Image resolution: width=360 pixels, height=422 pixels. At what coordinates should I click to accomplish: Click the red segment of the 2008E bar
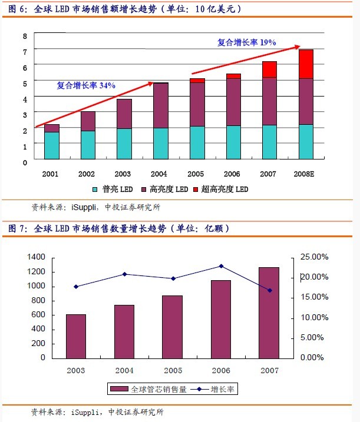pyautogui.click(x=305, y=64)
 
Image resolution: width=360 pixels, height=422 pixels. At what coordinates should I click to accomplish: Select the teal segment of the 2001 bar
pyautogui.click(x=52, y=145)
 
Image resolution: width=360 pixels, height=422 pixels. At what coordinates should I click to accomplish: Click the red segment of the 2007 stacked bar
pyautogui.click(x=269, y=69)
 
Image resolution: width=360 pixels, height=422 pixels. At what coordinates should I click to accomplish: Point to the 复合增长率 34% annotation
pyautogui.click(x=86, y=85)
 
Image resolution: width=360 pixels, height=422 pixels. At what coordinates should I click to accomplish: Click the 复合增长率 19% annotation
pyautogui.click(x=246, y=42)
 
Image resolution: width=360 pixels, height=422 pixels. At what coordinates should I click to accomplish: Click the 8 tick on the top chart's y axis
pyautogui.click(x=25, y=36)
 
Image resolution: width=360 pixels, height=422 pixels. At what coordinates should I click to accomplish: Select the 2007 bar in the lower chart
pyautogui.click(x=268, y=313)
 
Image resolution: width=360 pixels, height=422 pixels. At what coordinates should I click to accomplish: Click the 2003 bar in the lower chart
pyautogui.click(x=76, y=335)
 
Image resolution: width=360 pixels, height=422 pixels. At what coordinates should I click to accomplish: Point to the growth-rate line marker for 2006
pyautogui.click(x=221, y=266)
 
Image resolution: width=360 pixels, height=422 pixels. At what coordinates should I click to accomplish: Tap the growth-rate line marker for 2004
pyautogui.click(x=124, y=274)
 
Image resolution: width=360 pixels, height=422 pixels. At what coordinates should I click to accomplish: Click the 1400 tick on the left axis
pyautogui.click(x=36, y=257)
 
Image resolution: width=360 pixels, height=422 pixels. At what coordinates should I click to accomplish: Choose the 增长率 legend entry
pyautogui.click(x=215, y=389)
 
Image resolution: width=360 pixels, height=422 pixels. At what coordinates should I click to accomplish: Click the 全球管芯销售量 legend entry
pyautogui.click(x=150, y=389)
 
